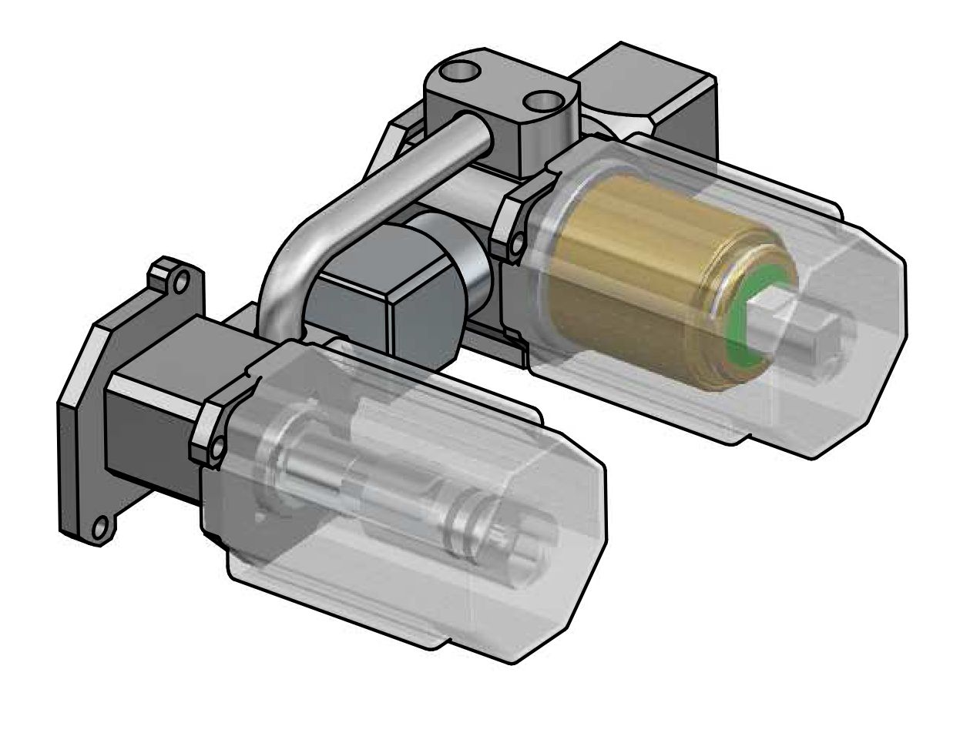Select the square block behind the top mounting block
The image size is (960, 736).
tap(655, 92)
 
